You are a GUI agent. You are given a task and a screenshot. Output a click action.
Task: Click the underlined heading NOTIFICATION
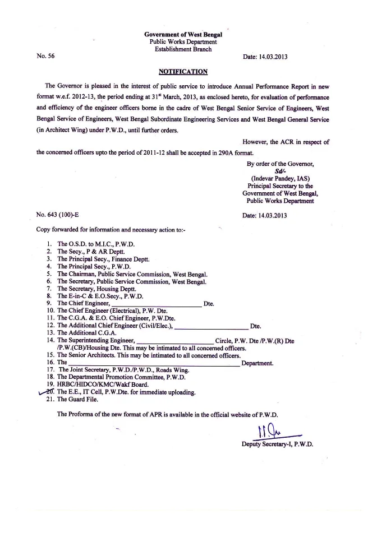coord(183,72)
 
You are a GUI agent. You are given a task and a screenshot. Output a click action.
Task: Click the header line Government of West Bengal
coord(183,34)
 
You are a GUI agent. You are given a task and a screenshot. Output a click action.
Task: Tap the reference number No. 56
coord(45,57)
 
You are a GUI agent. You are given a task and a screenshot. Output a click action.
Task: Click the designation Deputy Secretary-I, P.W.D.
coord(277,444)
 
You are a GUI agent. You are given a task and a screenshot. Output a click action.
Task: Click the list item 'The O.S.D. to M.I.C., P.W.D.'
coord(96,244)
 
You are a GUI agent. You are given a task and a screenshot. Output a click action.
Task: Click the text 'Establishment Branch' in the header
coord(183,49)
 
